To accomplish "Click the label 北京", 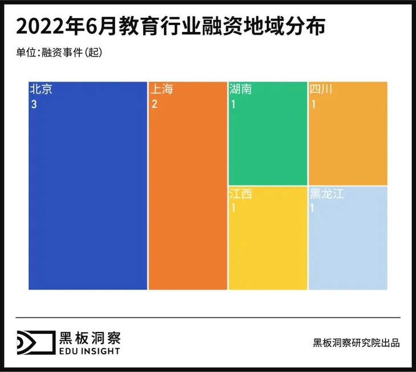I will (x=41, y=90).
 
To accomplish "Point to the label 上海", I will (x=161, y=90).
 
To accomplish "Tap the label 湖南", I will (x=240, y=90).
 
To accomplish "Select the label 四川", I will (x=321, y=90).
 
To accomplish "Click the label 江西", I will (x=240, y=195).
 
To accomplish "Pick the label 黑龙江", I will (x=327, y=195).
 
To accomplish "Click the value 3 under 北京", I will (x=34, y=104).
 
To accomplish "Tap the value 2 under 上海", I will (x=154, y=104).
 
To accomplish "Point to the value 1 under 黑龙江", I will (x=312, y=208).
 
